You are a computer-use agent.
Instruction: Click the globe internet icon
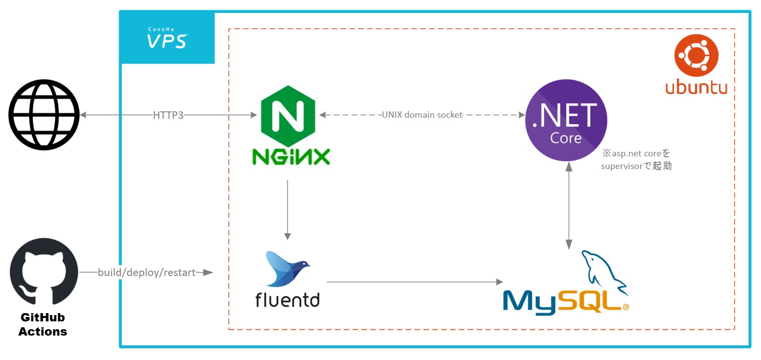pyautogui.click(x=43, y=116)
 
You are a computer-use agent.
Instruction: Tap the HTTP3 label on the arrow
pyautogui.click(x=168, y=115)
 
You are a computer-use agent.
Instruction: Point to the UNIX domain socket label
pyautogui.click(x=422, y=115)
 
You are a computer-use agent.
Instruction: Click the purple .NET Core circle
pyautogui.click(x=566, y=121)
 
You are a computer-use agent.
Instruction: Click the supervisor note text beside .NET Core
pyautogui.click(x=636, y=160)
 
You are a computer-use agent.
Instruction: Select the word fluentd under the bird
pyautogui.click(x=287, y=298)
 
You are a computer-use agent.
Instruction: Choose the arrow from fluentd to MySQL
pyautogui.click(x=414, y=282)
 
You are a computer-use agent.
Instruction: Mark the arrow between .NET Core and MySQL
pyautogui.click(x=568, y=205)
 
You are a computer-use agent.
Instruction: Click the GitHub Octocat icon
pyautogui.click(x=43, y=272)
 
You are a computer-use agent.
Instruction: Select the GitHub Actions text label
pyautogui.click(x=43, y=325)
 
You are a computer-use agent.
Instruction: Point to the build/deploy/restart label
pyautogui.click(x=147, y=272)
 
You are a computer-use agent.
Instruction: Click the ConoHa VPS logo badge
pyautogui.click(x=167, y=38)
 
